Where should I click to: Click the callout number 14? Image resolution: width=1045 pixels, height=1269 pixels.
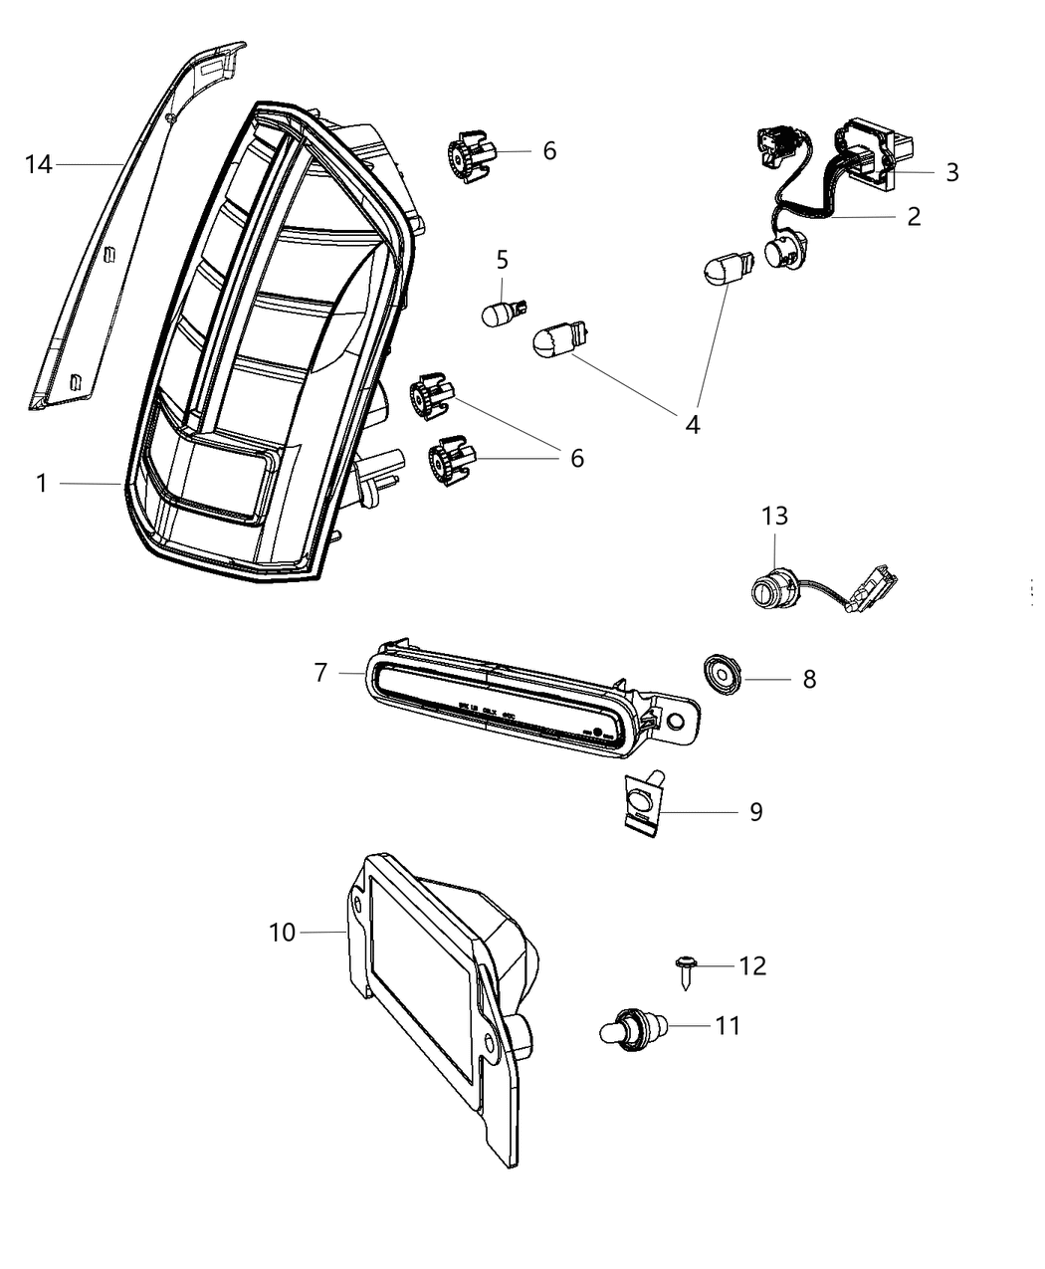coord(38,164)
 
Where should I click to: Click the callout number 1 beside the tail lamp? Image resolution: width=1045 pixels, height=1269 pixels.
coord(42,484)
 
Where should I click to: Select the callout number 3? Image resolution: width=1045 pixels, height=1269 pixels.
coord(951,172)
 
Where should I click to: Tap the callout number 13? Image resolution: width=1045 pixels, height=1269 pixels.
coord(774,516)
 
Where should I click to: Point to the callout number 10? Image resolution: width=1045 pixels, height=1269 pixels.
coord(282,933)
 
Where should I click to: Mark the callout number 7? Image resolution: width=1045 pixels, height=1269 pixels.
coord(320,673)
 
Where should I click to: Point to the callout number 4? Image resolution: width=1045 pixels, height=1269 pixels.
coord(692,424)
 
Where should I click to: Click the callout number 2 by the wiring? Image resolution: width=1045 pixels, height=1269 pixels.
coord(914,216)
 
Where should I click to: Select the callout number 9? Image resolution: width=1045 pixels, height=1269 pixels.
coord(755,812)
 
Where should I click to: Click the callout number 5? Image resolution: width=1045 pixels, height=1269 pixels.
coord(502,260)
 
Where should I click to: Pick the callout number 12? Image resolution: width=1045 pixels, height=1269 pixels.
coord(752,965)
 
